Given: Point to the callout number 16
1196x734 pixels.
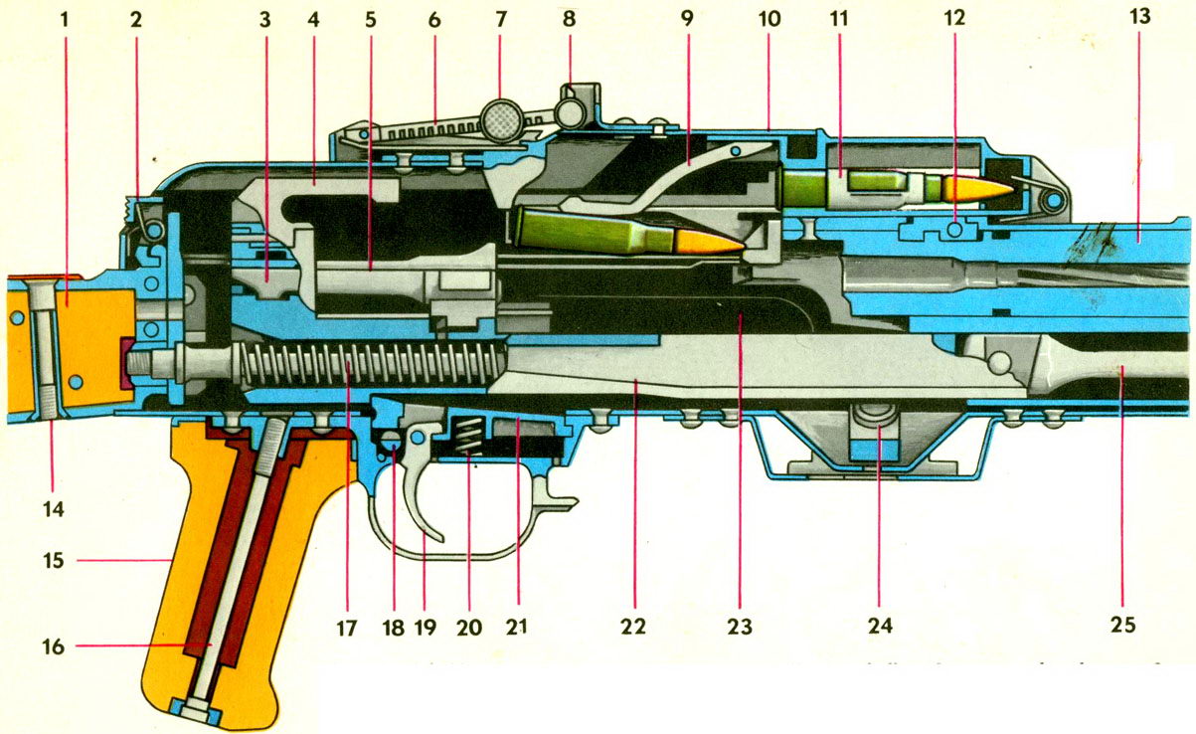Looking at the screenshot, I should [54, 647].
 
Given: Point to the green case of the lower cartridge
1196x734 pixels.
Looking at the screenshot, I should [587, 231].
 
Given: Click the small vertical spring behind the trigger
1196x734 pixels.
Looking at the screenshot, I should [467, 437].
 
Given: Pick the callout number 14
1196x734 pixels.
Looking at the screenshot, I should [54, 508].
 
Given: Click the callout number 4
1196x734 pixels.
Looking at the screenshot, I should [314, 20].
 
